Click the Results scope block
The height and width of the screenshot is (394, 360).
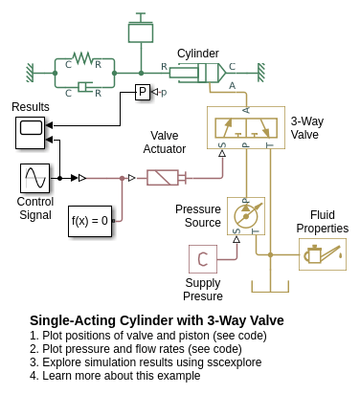pos(31,133)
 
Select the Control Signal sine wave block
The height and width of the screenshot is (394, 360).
pos(35,178)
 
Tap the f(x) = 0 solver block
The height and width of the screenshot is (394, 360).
pos(90,221)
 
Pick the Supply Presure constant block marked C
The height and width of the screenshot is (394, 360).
pos(203,259)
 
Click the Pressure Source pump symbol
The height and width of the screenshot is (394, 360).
pos(246,216)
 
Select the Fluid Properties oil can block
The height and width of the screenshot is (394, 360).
pos(323,254)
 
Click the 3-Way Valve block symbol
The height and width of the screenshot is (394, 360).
pos(246,127)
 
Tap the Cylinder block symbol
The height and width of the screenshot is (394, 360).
pos(197,73)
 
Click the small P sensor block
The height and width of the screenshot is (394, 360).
pos(143,92)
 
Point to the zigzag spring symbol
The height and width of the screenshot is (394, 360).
pos(82,58)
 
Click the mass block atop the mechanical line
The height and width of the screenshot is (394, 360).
pos(141,32)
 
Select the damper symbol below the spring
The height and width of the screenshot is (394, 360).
pos(84,86)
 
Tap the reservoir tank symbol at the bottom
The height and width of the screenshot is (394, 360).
pos(270,286)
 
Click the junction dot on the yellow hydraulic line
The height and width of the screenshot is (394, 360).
pos(270,254)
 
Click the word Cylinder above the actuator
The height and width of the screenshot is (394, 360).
pos(198,54)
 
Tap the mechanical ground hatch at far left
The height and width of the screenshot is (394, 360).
pos(30,73)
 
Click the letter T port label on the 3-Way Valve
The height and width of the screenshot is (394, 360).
pos(270,145)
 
